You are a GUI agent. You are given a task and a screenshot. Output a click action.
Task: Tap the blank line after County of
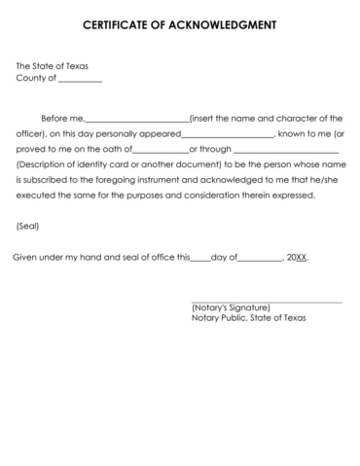pyautogui.click(x=80, y=81)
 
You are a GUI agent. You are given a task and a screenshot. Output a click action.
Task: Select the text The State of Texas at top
pyautogui.click(x=52, y=66)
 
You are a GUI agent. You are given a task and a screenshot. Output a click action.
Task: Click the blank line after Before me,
pyautogui.click(x=136, y=118)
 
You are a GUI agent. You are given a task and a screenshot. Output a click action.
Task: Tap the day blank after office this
pyautogui.click(x=200, y=259)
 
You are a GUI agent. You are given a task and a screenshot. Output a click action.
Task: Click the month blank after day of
pyautogui.click(x=258, y=259)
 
